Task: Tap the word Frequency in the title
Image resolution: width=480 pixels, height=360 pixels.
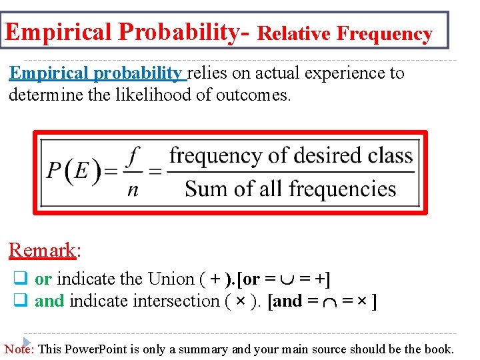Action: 385,33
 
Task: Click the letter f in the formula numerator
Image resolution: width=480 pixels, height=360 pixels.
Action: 134,157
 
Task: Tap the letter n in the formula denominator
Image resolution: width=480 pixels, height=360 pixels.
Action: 133,190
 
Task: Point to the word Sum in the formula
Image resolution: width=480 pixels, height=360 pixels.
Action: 203,189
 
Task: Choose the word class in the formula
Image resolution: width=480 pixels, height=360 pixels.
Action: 391,156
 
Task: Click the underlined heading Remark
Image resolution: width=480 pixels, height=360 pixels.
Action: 42,250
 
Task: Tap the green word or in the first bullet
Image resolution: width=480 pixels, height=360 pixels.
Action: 43,278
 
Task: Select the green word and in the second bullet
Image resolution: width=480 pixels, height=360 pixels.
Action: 49,301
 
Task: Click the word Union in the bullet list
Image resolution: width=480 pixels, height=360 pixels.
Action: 169,278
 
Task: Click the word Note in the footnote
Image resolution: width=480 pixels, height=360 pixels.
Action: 19,349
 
